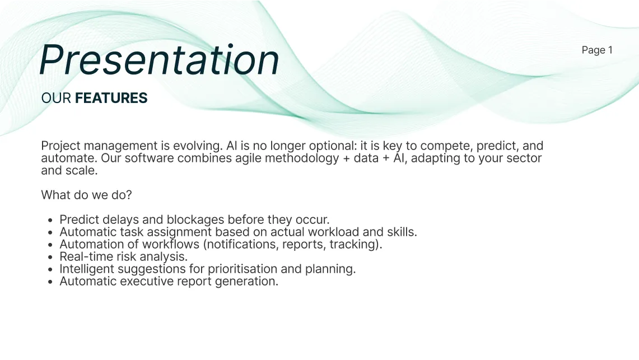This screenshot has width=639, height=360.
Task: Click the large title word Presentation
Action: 159,59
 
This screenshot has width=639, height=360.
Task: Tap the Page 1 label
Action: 597,50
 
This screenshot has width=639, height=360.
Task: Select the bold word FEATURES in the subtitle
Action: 111,98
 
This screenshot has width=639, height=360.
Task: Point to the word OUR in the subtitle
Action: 56,98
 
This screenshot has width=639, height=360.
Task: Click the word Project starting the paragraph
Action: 59,146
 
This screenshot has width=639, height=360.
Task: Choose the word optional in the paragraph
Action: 318,146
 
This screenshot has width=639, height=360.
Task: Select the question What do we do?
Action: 86,195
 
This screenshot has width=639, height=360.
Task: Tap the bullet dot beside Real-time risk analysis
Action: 51,257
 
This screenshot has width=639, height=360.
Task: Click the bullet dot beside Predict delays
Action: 51,220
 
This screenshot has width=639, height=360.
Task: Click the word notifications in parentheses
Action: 239,244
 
